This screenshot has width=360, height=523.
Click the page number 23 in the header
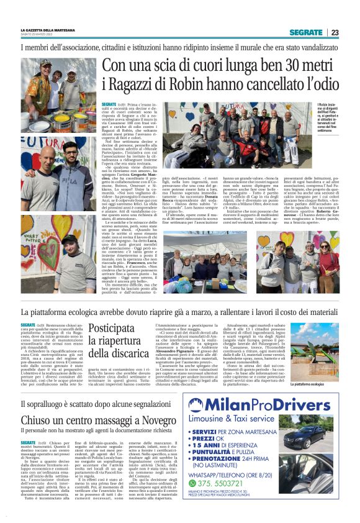pyautogui.click(x=335, y=32)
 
